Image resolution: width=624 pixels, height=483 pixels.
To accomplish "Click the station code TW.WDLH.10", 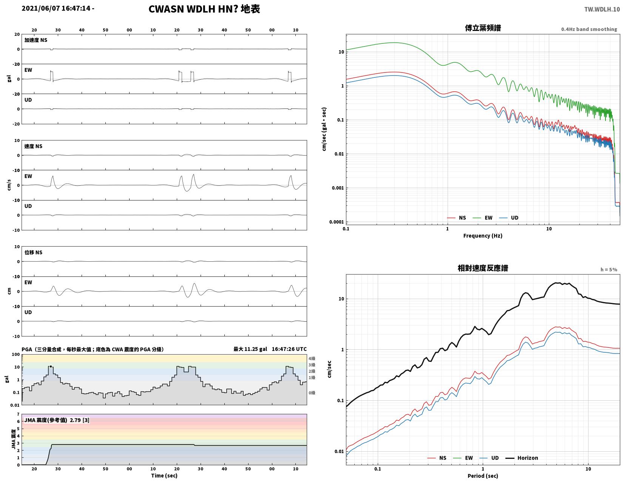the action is (602, 9).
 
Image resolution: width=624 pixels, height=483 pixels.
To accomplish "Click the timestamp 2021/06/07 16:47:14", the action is (56, 8).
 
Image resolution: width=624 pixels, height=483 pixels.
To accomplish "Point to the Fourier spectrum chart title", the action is (482, 28).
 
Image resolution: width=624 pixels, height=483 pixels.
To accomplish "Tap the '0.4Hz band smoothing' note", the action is (588, 29).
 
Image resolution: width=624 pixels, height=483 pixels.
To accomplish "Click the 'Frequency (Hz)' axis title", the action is (482, 236).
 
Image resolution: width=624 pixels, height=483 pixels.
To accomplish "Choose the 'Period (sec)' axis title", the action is (482, 475).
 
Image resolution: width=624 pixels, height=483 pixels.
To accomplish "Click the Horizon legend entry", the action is (521, 458).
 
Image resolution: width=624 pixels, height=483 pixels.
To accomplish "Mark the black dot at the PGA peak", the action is (51, 366).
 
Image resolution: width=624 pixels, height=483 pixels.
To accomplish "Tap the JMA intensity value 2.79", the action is (75, 420).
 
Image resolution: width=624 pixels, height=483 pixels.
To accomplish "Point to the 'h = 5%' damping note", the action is (609, 270).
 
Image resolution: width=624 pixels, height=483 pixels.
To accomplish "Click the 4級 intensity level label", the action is (312, 358).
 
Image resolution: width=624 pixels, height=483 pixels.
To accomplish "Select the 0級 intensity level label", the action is (312, 393).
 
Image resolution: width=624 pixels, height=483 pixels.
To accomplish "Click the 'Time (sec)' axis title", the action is (164, 475).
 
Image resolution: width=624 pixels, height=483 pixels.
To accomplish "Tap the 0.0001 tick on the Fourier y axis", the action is (336, 222).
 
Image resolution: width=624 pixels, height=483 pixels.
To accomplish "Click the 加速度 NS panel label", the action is (36, 40).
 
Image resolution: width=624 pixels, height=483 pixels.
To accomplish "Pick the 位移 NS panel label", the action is (33, 252).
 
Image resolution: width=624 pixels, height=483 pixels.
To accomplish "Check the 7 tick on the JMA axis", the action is (19, 414).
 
